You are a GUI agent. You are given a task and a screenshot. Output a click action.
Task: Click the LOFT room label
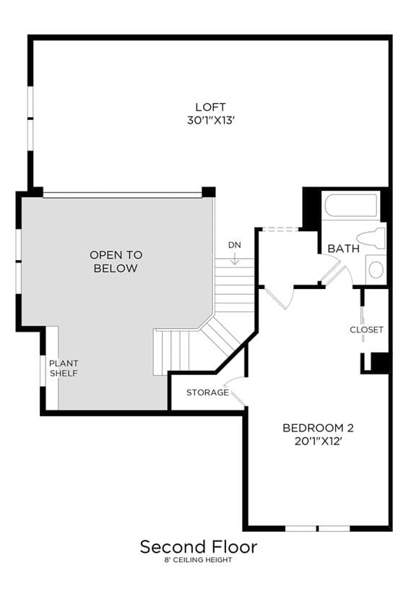coord(210,107)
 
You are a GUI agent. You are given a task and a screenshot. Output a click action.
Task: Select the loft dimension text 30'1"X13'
coord(211,121)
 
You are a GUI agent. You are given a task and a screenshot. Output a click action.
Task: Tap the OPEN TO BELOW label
coord(116,262)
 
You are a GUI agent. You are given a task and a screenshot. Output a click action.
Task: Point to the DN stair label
coord(235,245)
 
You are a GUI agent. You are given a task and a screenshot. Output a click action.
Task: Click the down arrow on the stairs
coord(235,259)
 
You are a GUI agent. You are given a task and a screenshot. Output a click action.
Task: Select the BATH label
coord(344,249)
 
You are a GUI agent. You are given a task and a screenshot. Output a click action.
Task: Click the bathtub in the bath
coord(351,205)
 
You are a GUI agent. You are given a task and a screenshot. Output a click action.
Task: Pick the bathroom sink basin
coord(376,270)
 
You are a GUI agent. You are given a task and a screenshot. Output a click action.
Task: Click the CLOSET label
coord(366,330)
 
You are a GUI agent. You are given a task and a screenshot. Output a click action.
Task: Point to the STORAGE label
coord(207,392)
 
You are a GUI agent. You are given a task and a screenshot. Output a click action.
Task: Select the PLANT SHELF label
coord(64,368)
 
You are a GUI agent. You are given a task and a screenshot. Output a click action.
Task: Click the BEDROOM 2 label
coord(318,428)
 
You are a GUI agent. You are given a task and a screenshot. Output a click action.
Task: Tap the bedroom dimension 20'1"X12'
coord(318,441)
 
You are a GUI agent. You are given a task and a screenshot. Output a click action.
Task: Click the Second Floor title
coord(199,546)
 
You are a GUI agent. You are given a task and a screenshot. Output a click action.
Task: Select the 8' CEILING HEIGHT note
coord(198,559)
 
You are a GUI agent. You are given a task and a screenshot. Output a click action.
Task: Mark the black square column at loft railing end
coord(209,192)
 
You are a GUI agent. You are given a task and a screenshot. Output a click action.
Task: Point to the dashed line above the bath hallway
coord(280,229)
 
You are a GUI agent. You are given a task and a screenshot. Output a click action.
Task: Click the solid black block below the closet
coord(379,362)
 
